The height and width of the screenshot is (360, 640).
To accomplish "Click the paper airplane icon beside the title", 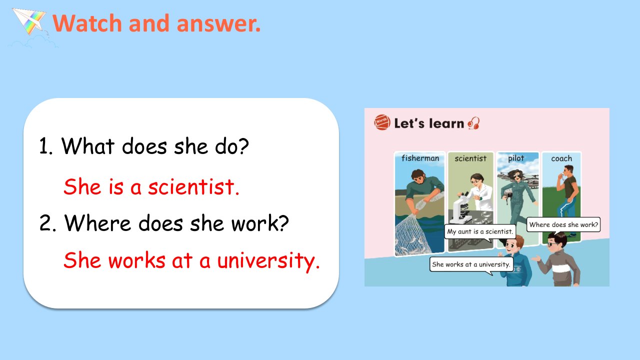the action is [30, 21].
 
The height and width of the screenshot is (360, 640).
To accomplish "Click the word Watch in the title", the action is [87, 23].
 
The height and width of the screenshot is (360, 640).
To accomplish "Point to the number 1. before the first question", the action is [45, 146].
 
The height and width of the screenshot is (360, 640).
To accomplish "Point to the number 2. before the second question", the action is [47, 223].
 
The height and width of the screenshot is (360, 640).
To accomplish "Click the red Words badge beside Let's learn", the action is [381, 122].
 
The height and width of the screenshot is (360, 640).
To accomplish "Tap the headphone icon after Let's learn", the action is [473, 123].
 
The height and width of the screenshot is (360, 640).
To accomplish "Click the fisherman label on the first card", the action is [420, 158].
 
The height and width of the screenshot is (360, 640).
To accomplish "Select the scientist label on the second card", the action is [470, 158].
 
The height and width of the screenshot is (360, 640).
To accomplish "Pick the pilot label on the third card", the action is [516, 158].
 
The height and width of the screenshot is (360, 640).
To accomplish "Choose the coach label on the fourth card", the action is [561, 158].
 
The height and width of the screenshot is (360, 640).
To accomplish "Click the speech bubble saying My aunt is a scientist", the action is [480, 231].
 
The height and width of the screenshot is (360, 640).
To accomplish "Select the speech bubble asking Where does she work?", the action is [563, 224].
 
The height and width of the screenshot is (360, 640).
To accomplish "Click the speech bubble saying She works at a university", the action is [471, 264].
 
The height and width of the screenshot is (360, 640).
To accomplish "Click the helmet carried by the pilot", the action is [507, 196].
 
